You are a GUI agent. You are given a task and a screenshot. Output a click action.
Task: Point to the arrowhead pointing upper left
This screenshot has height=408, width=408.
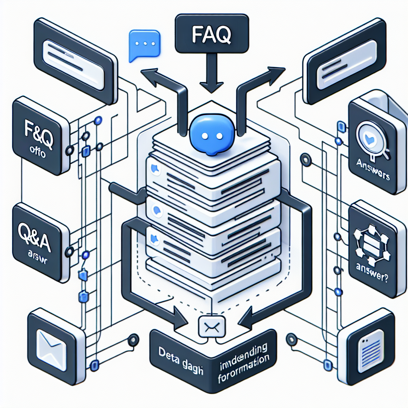[153, 77]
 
